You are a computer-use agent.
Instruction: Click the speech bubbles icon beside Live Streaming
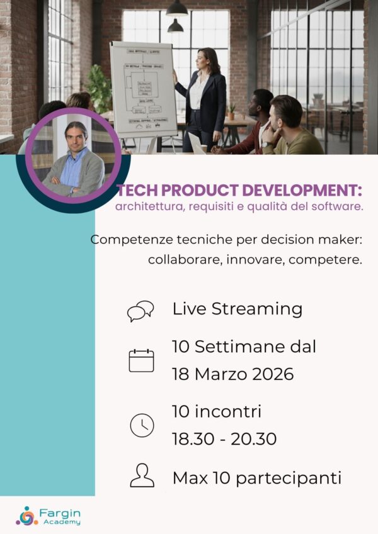point(140,310)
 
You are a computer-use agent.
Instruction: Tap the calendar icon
point(141,360)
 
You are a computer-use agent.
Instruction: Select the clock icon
point(142,425)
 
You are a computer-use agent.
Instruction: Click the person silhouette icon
point(142,476)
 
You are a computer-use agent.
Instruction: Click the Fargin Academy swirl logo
point(27,515)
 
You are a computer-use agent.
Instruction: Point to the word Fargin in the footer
point(59,512)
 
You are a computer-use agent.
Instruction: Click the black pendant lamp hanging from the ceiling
point(177,9)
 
